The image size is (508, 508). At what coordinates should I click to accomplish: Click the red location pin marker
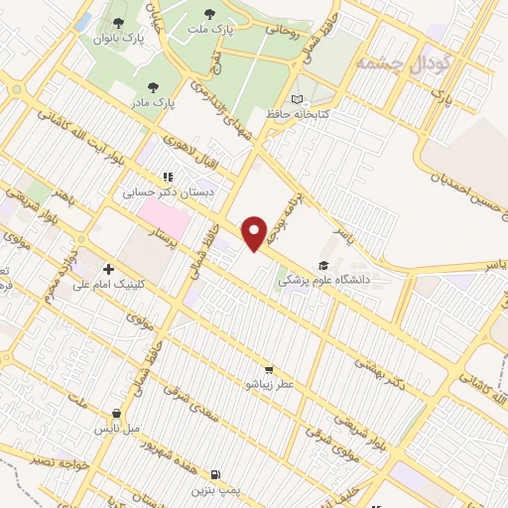(255, 232)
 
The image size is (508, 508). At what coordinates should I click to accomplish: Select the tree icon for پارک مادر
(151, 87)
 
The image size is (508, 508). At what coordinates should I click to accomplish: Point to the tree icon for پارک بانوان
(119, 23)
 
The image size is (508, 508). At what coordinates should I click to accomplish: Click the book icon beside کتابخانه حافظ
(297, 99)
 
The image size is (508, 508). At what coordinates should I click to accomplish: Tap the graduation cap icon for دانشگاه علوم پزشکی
(322, 265)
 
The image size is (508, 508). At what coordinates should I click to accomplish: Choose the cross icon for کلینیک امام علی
(108, 268)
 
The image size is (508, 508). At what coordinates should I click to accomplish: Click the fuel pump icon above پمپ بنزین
(217, 475)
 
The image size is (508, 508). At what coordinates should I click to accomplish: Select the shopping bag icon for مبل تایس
(117, 414)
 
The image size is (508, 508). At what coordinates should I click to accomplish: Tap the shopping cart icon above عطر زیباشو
(269, 369)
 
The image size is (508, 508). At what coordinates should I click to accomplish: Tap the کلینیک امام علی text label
(109, 284)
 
